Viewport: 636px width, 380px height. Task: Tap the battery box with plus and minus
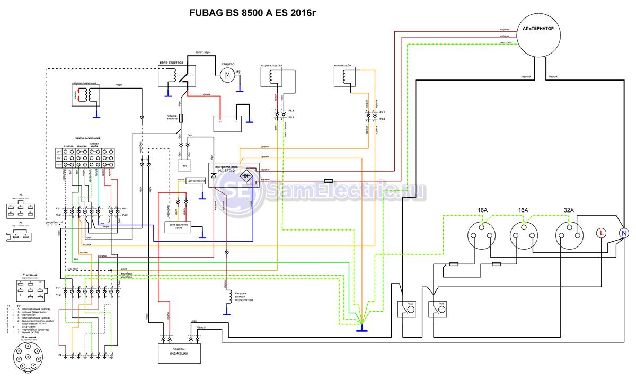click(227, 123)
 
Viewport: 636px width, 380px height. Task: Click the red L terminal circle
click(602, 233)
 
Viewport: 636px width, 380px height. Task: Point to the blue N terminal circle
click(624, 233)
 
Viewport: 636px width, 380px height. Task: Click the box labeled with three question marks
click(184, 165)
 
